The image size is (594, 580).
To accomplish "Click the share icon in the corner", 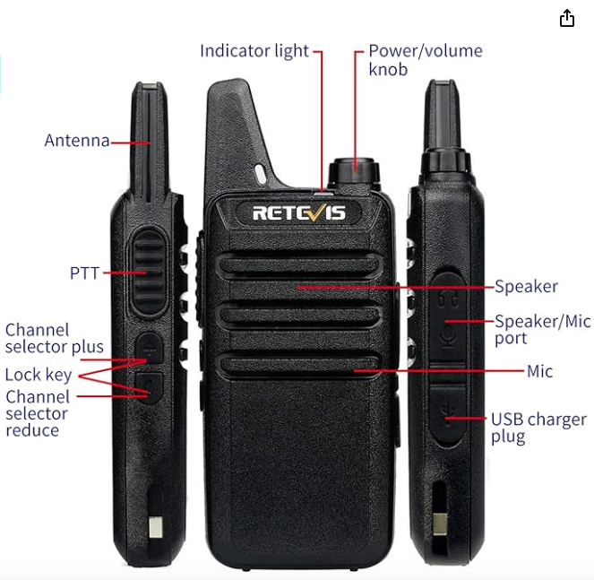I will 566,18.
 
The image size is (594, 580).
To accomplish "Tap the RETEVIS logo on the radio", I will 298,212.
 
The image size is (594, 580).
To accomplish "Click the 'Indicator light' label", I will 254,51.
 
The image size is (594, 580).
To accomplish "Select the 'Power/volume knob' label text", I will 425,59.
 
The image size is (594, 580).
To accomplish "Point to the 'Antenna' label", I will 77,141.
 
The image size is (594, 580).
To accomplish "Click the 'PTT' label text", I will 84,273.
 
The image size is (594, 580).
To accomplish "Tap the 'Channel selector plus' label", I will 54,338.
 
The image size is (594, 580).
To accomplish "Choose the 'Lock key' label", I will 38,374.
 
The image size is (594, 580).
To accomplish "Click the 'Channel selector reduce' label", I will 38,413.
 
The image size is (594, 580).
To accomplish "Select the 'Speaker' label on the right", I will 526,287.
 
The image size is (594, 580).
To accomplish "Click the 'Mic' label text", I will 540,371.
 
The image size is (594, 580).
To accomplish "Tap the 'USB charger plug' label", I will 538,428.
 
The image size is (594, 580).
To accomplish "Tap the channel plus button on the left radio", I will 149,348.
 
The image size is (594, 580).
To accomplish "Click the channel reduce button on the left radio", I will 149,386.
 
